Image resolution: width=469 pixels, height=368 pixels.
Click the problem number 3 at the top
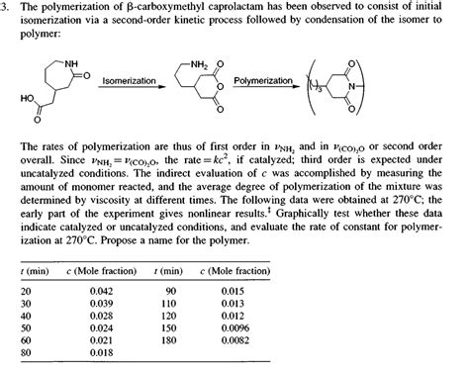(x=6, y=7)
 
